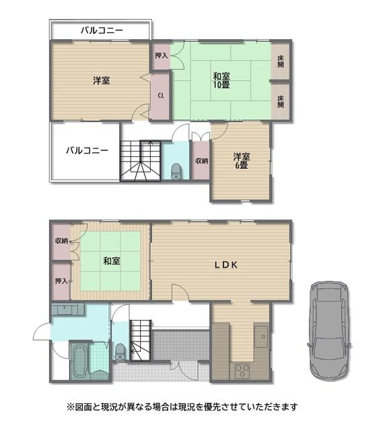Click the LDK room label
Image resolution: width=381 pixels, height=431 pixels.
(x=226, y=265)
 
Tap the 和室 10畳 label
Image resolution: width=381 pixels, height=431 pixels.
(x=221, y=80)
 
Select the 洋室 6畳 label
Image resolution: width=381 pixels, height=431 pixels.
(x=242, y=161)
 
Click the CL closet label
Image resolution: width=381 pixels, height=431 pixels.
(x=161, y=96)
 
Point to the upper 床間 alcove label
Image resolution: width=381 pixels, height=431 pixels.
(x=280, y=61)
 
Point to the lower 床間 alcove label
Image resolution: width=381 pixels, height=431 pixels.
(x=280, y=102)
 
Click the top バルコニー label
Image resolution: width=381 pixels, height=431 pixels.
(x=102, y=30)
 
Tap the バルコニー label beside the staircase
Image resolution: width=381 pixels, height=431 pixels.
(x=87, y=150)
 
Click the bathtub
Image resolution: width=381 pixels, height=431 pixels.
(x=79, y=361)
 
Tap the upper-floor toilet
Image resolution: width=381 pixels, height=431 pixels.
(x=176, y=171)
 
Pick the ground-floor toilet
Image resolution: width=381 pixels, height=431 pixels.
(x=120, y=352)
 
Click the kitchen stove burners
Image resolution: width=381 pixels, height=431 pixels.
(x=242, y=370)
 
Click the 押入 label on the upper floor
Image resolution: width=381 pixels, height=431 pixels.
(x=162, y=55)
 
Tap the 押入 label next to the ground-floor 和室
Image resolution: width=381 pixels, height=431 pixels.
(x=61, y=281)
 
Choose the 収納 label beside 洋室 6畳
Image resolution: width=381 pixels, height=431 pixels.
(x=201, y=161)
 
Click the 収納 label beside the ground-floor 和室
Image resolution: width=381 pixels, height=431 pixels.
(x=61, y=241)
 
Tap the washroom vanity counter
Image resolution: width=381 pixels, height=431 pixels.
(x=68, y=310)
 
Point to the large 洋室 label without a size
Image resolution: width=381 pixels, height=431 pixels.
(x=102, y=81)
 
